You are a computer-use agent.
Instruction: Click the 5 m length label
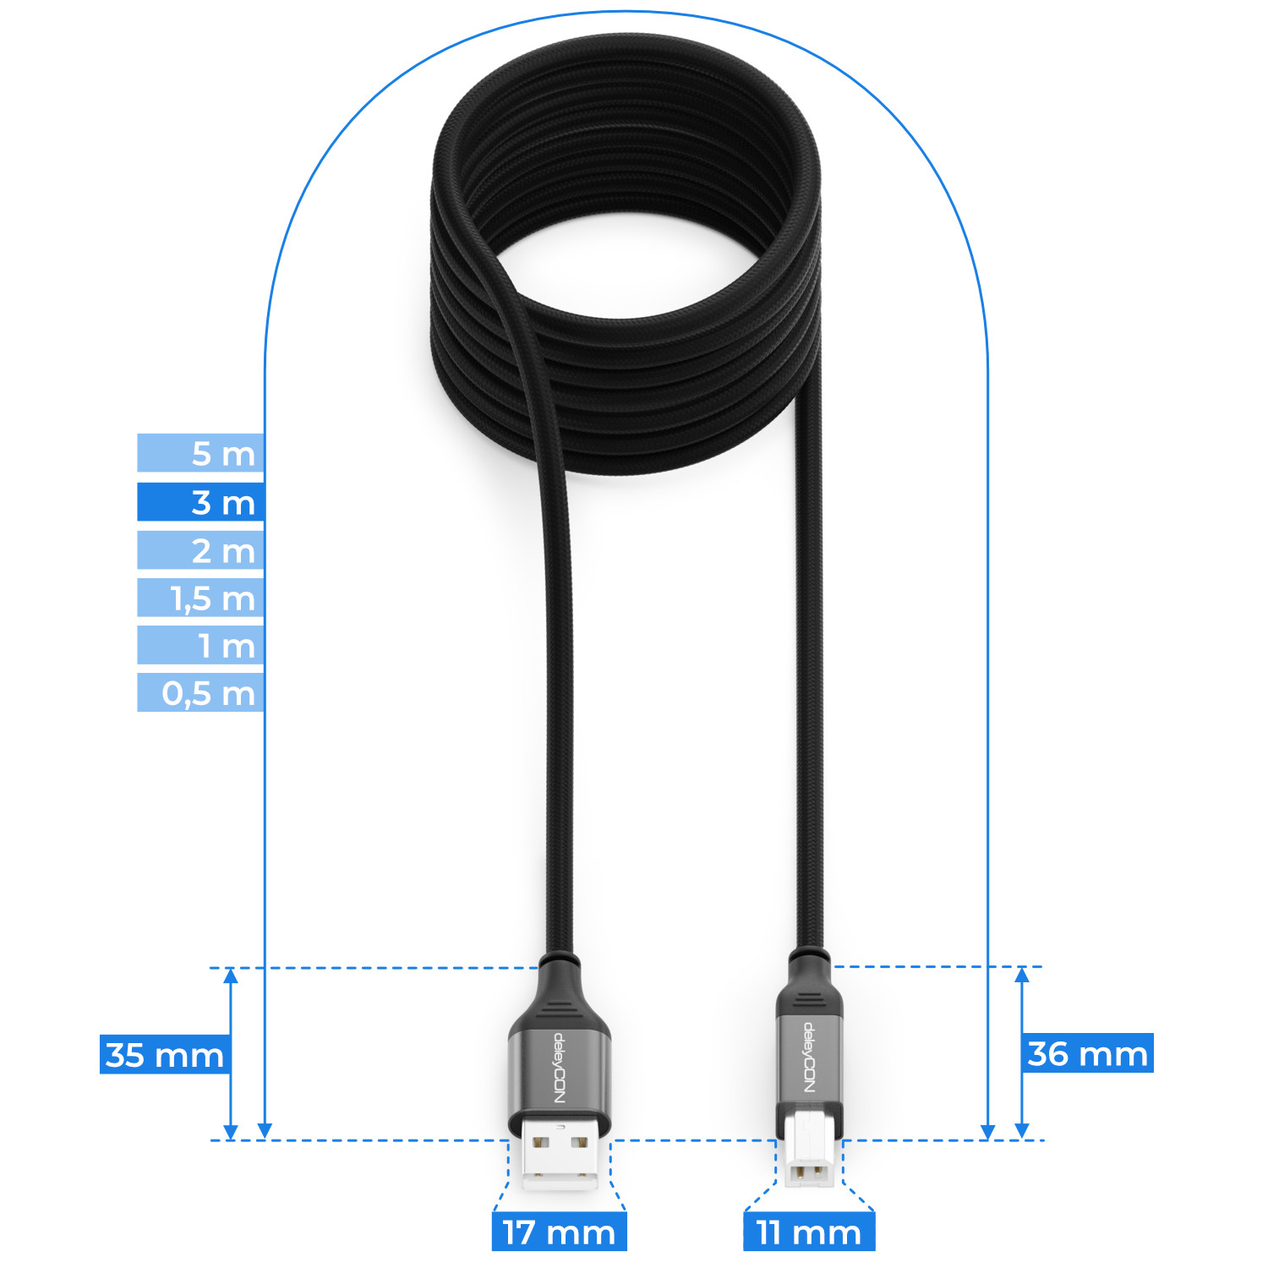[x=201, y=453]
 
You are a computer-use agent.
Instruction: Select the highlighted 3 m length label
[x=201, y=502]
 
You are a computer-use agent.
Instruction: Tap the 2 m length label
[x=201, y=550]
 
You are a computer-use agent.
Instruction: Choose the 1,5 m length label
[x=201, y=598]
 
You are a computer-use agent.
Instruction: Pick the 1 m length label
[x=201, y=645]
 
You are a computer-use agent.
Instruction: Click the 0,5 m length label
[x=201, y=692]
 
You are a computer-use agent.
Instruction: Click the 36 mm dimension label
[x=1088, y=1052]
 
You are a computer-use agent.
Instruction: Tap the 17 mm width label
[x=559, y=1232]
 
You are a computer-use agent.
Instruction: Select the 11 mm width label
[x=809, y=1232]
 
